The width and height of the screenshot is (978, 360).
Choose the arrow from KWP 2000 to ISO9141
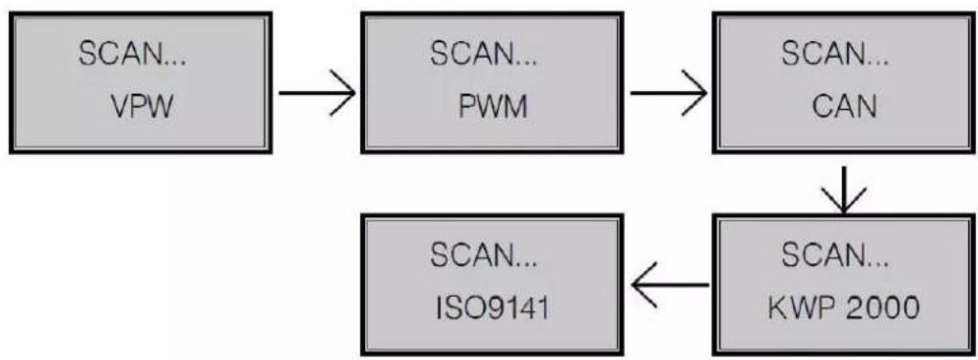coord(668,286)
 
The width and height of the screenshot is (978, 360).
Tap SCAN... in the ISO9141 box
coord(484,256)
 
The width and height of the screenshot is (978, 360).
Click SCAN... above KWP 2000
coord(836,256)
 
